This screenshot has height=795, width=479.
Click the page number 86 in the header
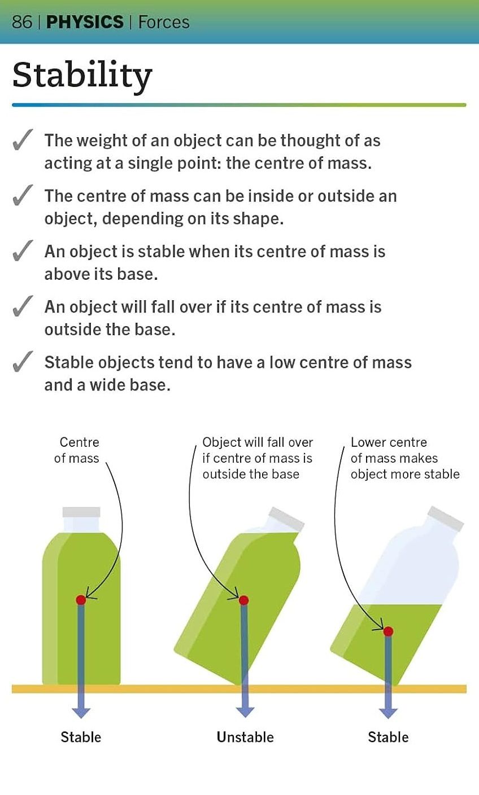click(22, 22)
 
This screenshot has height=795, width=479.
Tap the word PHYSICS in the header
click(85, 22)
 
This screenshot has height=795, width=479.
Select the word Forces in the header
click(164, 22)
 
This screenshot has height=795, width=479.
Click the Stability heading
click(82, 76)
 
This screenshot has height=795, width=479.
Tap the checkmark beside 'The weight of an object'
click(21, 141)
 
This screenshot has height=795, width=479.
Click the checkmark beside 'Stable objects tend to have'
click(21, 363)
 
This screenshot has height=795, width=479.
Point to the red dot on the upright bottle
click(81, 599)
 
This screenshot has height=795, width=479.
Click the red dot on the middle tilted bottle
click(243, 600)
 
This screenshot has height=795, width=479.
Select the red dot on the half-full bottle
click(388, 631)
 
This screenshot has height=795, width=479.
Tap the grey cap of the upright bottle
click(81, 512)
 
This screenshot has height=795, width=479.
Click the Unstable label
click(245, 737)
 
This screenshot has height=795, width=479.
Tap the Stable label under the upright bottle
click(81, 737)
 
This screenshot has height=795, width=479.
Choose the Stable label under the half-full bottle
click(388, 737)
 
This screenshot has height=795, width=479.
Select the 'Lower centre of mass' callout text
click(404, 458)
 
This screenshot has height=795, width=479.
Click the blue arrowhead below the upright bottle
click(81, 711)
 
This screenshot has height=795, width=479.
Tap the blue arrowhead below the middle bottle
click(245, 711)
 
